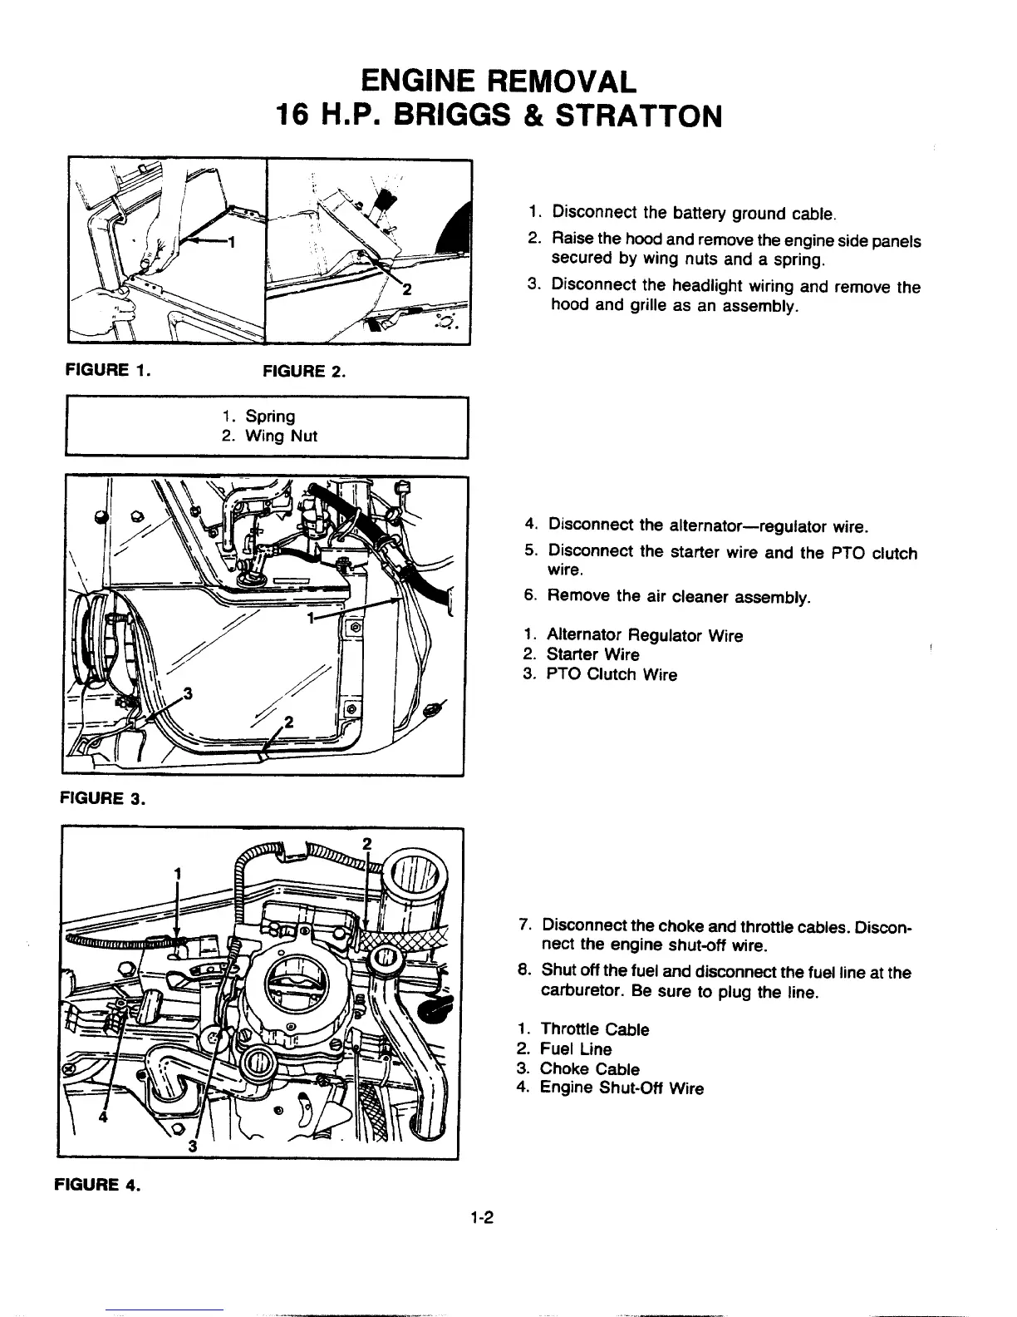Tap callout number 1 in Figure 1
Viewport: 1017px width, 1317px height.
[x=232, y=243]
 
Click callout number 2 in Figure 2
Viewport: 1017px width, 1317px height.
[x=406, y=289]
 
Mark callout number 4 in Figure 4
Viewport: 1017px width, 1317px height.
[x=103, y=1117]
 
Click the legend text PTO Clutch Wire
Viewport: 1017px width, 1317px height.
[x=611, y=674]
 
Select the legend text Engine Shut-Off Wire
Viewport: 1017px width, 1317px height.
[x=621, y=1088]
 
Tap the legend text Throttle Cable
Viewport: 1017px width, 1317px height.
[x=594, y=1030]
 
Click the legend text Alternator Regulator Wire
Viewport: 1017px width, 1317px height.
[x=644, y=636]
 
